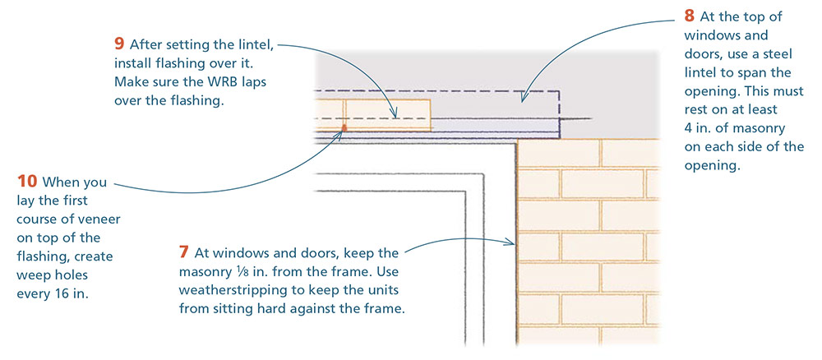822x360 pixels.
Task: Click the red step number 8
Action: [689, 15]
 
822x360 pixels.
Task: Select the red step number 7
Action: [184, 252]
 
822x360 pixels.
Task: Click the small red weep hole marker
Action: [344, 127]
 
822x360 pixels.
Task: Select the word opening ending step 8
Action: [713, 165]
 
